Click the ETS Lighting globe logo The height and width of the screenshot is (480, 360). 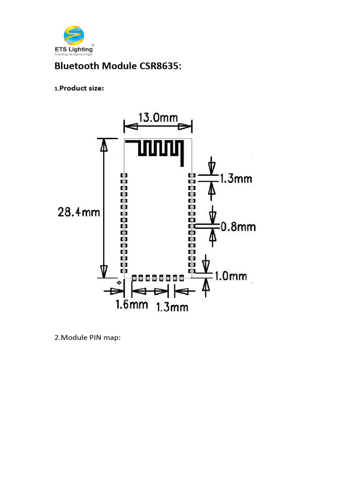click(x=74, y=35)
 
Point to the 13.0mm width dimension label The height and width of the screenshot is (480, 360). click(x=157, y=117)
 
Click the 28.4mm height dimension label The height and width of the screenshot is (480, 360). click(x=79, y=212)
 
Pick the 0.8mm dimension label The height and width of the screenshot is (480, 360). click(x=238, y=227)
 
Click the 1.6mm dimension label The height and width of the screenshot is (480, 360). click(x=132, y=305)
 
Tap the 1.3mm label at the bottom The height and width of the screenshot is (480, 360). click(x=172, y=307)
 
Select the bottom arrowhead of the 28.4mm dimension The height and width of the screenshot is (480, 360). click(x=104, y=271)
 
